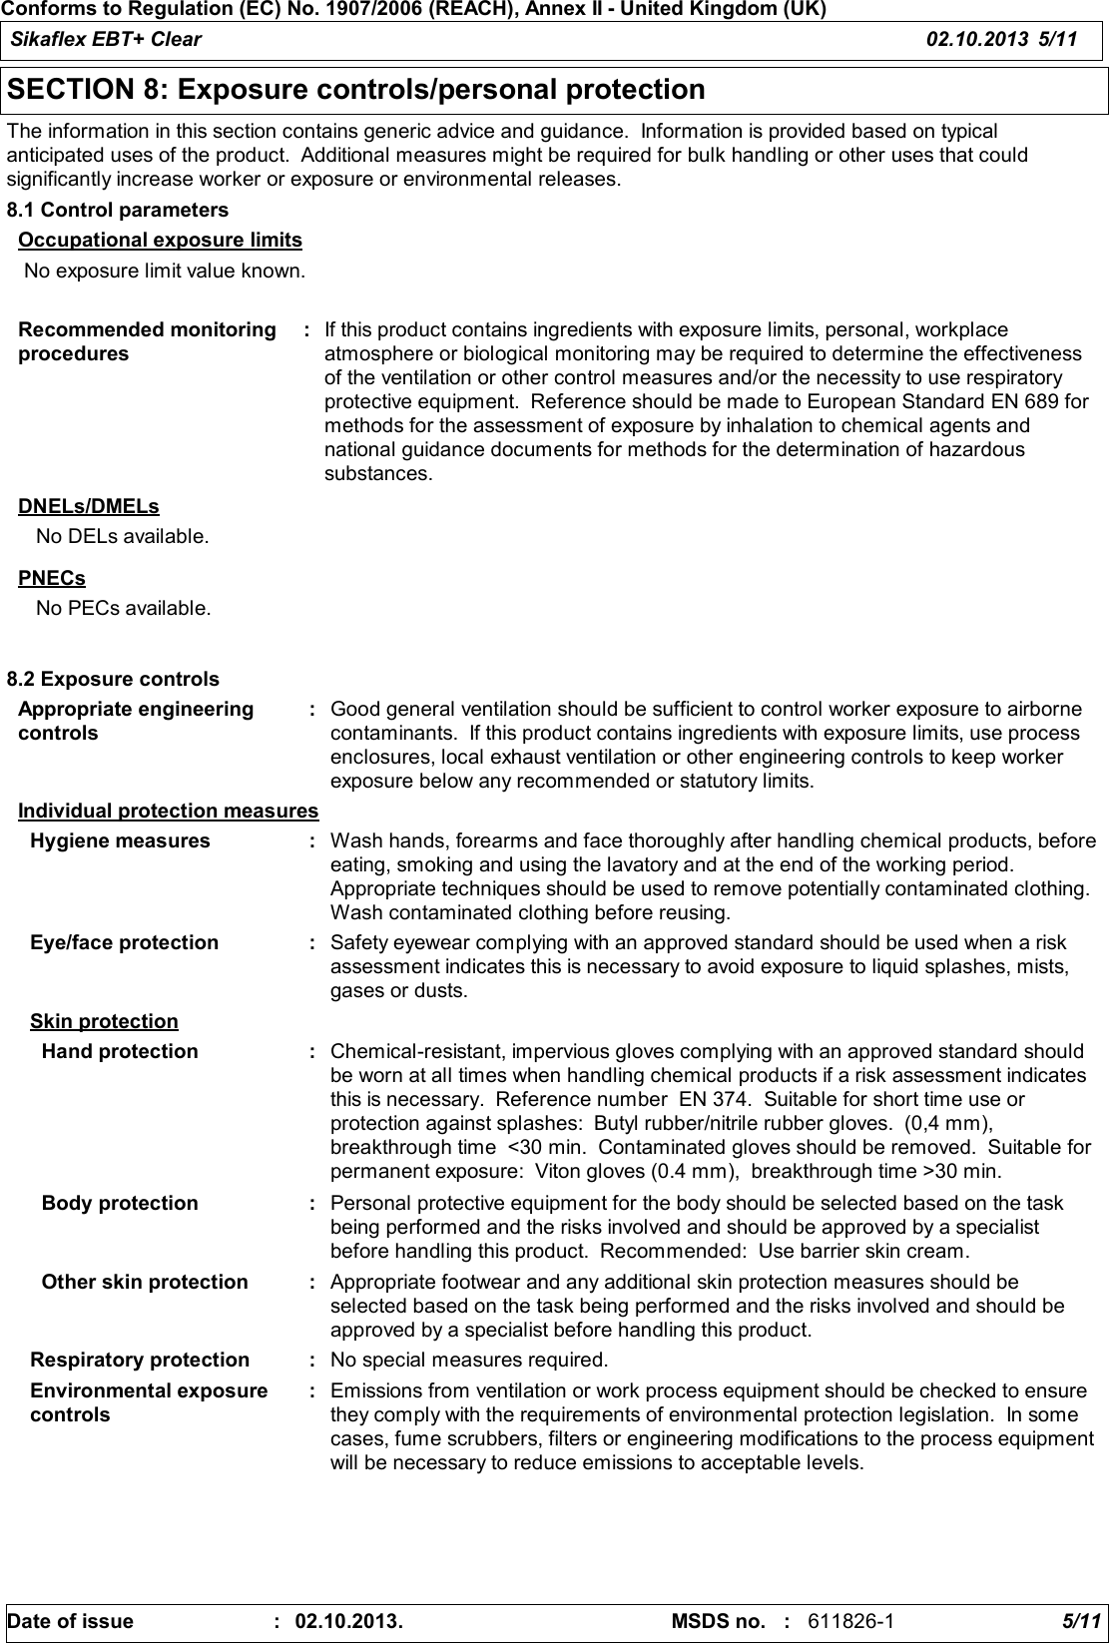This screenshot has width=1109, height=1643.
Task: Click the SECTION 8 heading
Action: click(356, 91)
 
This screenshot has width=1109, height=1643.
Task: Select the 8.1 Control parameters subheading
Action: click(118, 211)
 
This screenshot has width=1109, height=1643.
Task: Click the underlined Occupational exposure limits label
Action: click(160, 241)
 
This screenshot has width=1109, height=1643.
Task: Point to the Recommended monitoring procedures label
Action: click(147, 341)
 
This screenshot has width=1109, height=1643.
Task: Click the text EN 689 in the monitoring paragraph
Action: click(1051, 402)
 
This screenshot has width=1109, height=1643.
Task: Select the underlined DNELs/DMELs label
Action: click(89, 507)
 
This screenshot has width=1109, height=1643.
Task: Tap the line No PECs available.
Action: click(123, 608)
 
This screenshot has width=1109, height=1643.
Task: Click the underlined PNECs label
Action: click(52, 579)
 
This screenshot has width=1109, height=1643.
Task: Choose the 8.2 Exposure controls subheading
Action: click(113, 680)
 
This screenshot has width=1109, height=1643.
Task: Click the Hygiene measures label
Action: click(121, 841)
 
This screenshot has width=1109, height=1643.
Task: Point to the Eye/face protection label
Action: click(125, 943)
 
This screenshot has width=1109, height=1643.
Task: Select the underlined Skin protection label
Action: click(104, 1022)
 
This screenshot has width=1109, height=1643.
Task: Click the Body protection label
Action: click(120, 1204)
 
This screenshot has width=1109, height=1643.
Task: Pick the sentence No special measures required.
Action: click(468, 1361)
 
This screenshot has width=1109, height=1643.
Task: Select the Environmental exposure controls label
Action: click(149, 1402)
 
